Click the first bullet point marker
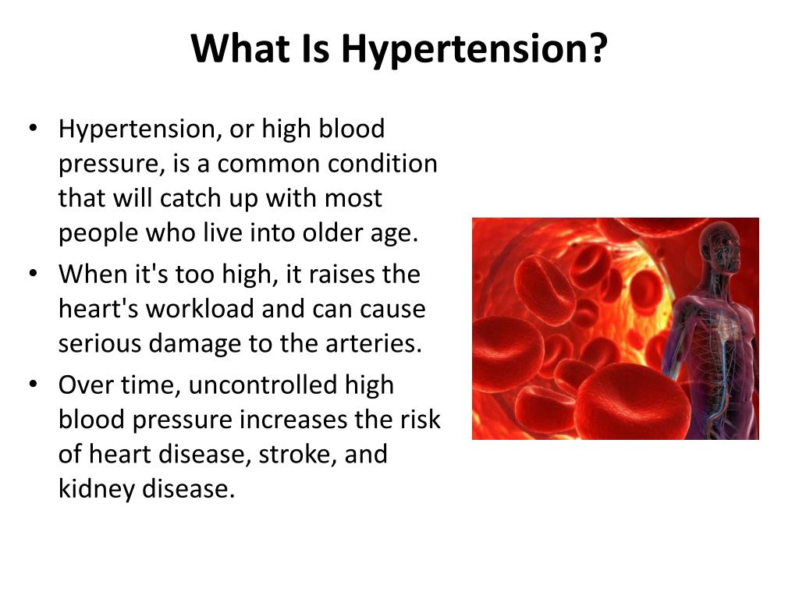tap(32, 129)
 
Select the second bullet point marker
tap(32, 275)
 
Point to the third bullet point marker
tap(32, 385)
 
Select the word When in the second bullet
tap(92, 275)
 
